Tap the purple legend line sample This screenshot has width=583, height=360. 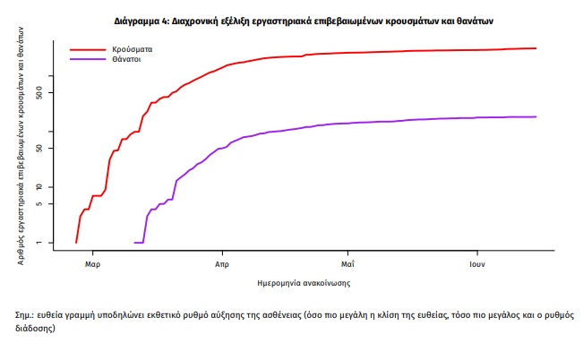88,60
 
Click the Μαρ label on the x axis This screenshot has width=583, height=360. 92,264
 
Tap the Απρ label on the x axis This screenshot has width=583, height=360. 221,264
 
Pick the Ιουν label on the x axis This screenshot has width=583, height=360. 477,264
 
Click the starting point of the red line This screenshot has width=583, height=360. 76,242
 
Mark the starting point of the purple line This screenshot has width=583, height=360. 134,242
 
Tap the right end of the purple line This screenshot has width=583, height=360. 536,116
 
